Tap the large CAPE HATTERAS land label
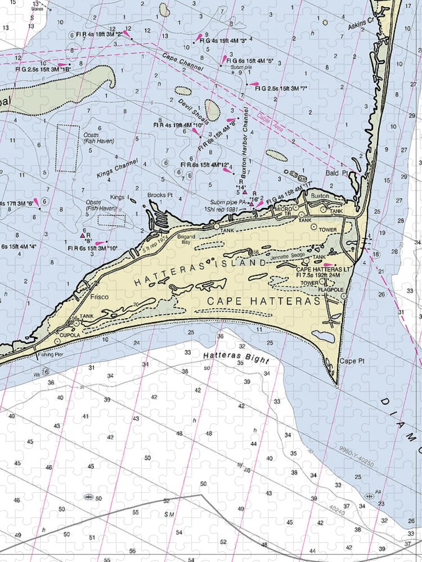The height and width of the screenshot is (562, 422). coord(264,301)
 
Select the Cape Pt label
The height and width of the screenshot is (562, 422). coord(348,361)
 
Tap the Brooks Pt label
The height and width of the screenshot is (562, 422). coord(160,195)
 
